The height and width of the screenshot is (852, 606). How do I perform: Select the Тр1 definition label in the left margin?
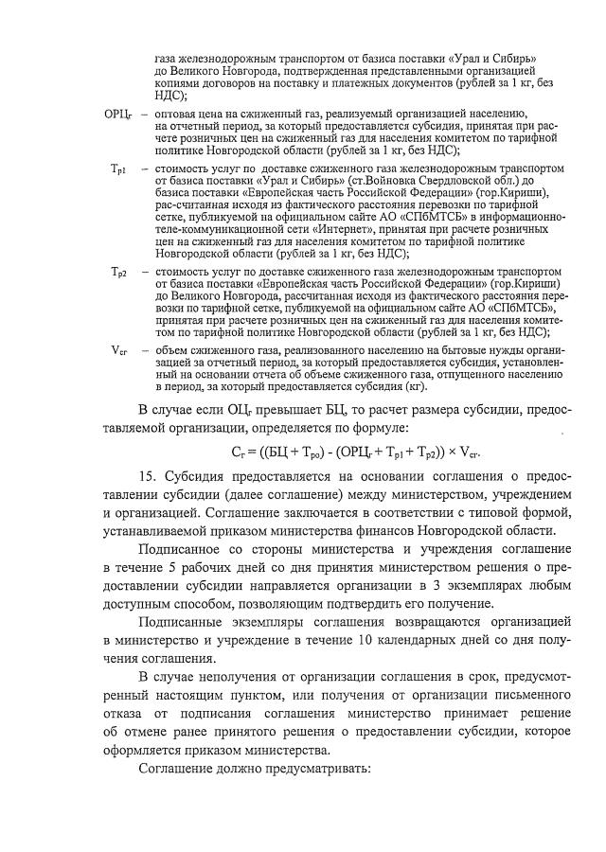[119, 169]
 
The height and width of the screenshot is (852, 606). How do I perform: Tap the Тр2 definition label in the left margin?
[119, 274]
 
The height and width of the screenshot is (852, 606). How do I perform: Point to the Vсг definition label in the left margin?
[119, 349]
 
